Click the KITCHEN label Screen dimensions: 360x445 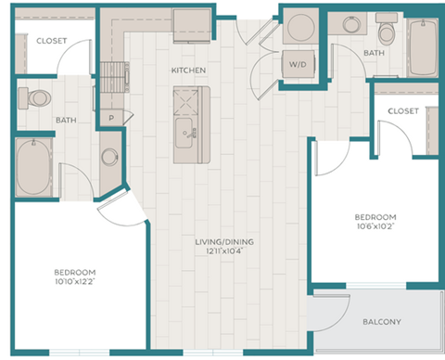187,71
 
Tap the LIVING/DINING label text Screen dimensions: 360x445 223,242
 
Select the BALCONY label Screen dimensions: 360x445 381,322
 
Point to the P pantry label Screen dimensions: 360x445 111,117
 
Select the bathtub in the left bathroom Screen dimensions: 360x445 33,169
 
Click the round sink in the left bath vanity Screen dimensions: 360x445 109,157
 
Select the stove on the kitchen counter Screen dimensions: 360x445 114,75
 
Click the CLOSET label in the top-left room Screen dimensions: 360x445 52,41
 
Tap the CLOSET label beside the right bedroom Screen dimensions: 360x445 403,110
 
